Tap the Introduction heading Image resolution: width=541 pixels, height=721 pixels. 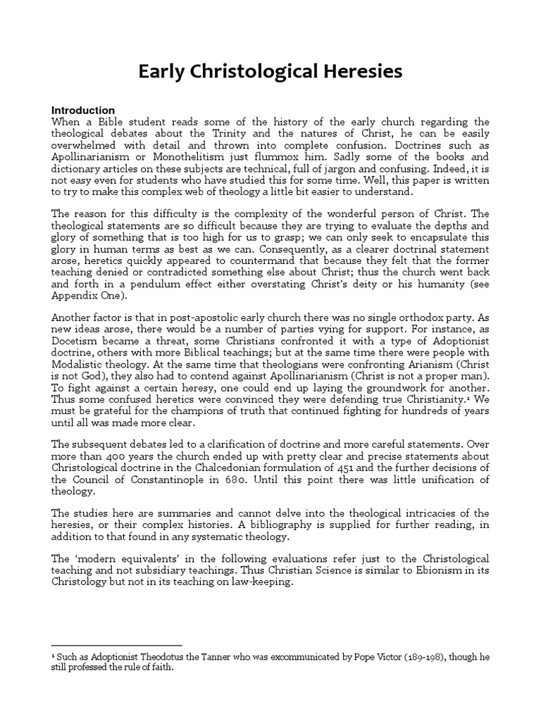[83, 111]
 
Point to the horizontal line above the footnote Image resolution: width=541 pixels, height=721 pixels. [117, 645]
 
